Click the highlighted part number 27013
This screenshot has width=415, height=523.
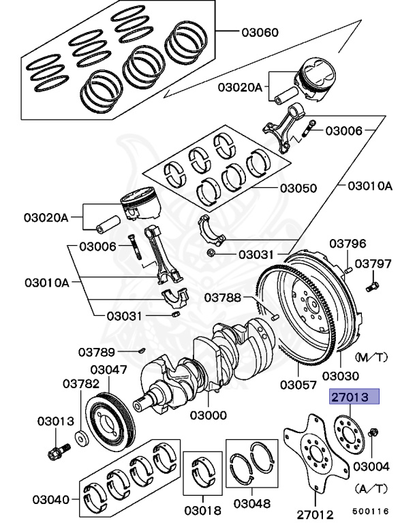(354, 397)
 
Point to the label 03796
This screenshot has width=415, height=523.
(348, 243)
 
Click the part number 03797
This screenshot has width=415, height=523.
(373, 263)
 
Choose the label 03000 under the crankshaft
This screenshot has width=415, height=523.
(209, 415)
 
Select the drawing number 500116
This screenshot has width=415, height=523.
(370, 511)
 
